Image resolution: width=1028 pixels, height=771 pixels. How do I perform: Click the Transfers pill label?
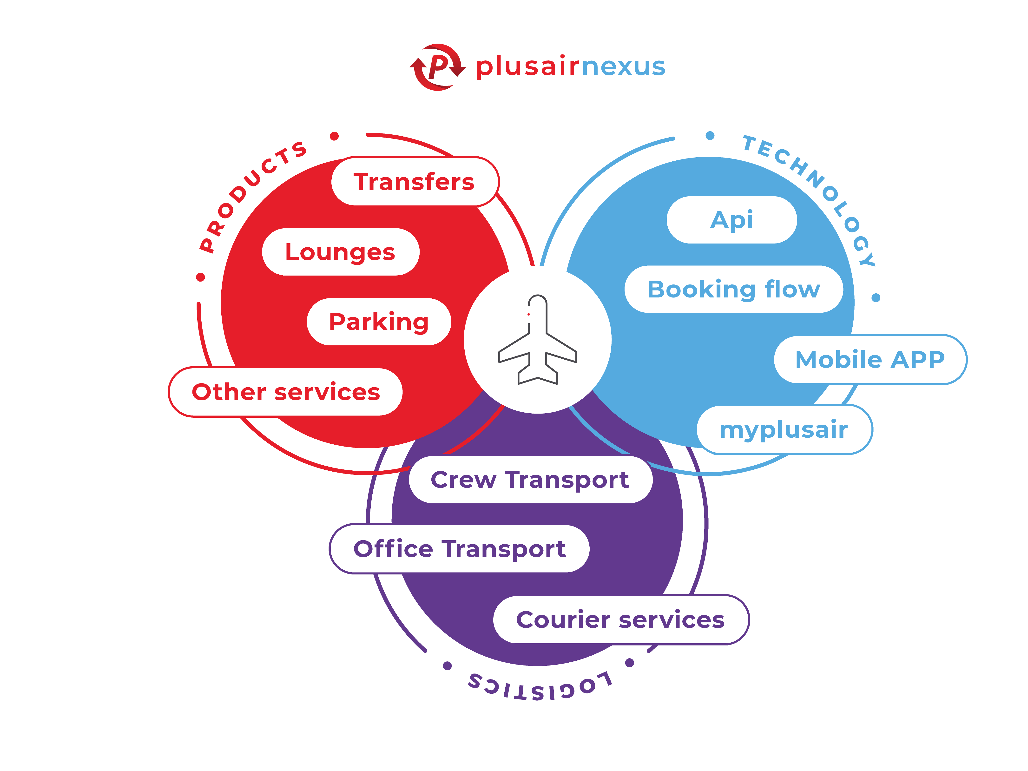pyautogui.click(x=415, y=182)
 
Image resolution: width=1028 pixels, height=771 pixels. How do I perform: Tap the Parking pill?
pyautogui.click(x=379, y=322)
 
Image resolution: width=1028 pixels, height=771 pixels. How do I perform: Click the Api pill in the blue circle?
pyautogui.click(x=731, y=220)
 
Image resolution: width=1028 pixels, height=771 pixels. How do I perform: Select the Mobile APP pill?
pyautogui.click(x=870, y=359)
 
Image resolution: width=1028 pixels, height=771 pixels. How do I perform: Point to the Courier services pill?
pyautogui.click(x=620, y=619)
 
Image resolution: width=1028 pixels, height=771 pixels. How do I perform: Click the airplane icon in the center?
pyautogui.click(x=538, y=340)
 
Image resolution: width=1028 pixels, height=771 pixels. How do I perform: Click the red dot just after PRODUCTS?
pyautogui.click(x=334, y=136)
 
